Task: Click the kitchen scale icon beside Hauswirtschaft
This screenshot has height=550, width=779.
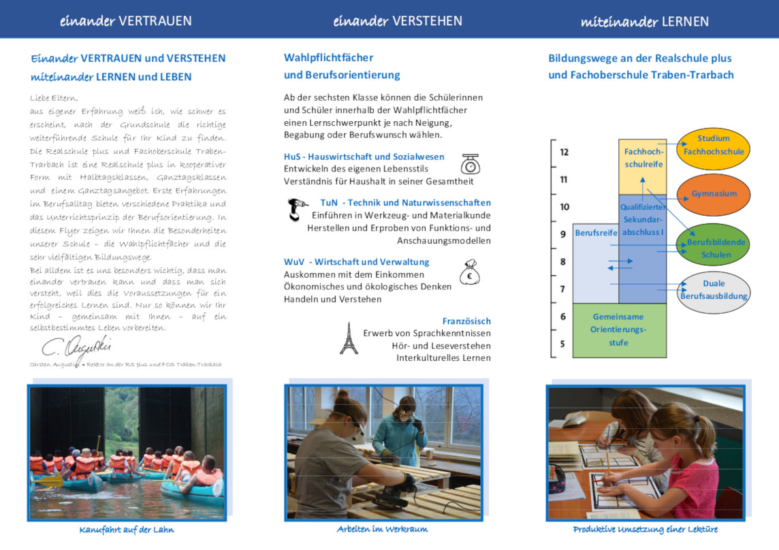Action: coord(470,164)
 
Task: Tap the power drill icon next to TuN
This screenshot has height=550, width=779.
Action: coord(297,209)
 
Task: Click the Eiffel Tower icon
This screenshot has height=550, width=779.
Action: coord(349,338)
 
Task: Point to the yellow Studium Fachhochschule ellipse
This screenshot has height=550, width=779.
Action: coord(714,145)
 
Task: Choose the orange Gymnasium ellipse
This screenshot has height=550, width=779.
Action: coord(714,193)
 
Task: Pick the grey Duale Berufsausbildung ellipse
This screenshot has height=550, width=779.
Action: coord(713,290)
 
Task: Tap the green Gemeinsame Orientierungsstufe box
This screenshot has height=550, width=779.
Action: coord(619,330)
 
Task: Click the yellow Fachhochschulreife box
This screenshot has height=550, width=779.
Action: coord(643,163)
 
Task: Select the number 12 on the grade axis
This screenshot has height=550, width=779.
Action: coord(564,152)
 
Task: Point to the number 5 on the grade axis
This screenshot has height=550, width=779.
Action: coord(562,344)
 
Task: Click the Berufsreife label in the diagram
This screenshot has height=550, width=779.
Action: coord(596,233)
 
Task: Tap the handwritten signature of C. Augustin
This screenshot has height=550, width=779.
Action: coord(76,346)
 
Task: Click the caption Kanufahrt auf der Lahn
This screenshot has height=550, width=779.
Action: coord(126,530)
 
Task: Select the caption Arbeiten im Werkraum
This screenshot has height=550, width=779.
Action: coord(382,529)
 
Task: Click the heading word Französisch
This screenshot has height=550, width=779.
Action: coord(466,321)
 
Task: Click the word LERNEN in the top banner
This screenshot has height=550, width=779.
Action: coord(685,22)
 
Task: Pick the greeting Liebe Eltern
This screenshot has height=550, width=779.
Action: coord(54,98)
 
